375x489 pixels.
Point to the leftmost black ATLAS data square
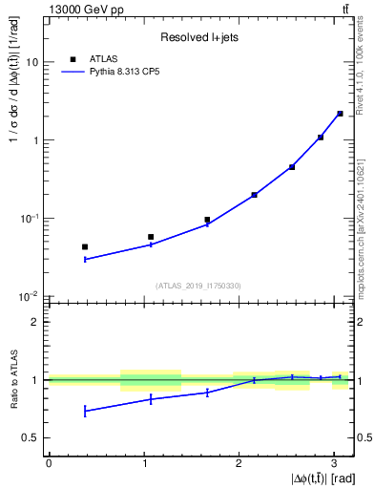[x=85, y=246]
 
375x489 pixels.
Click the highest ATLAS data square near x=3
[x=340, y=114]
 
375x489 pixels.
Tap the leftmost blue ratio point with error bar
[x=85, y=411]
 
